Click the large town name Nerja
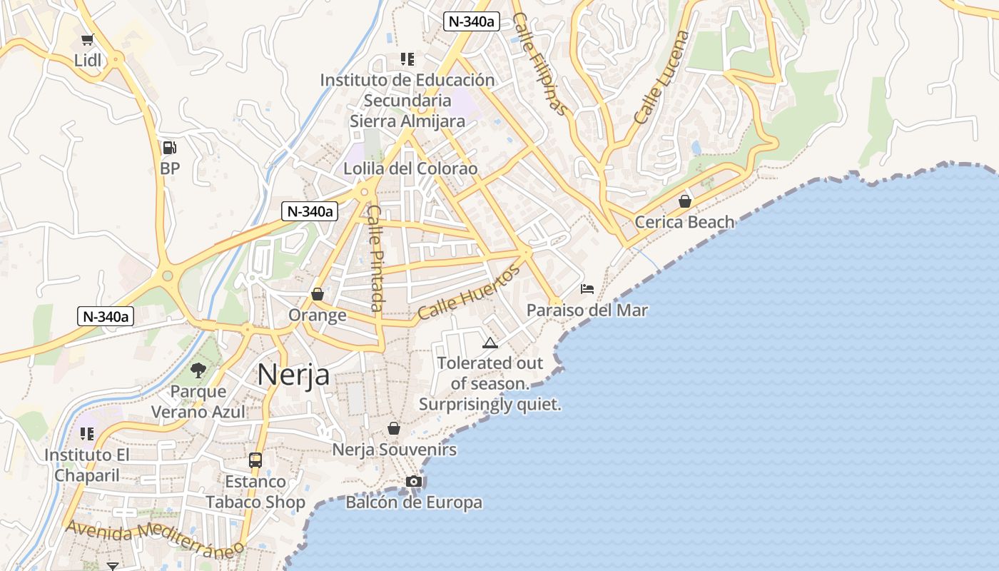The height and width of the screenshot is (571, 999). point(293,375)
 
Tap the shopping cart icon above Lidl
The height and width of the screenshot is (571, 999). point(88,40)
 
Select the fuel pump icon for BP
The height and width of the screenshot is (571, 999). point(169,148)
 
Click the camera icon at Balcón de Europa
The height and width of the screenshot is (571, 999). point(413,482)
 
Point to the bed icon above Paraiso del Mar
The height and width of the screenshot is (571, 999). point(587,289)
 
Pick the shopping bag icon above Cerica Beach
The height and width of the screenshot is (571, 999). point(685,201)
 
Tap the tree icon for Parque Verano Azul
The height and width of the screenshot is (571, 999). point(198,370)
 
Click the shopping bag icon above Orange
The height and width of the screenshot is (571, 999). point(318,294)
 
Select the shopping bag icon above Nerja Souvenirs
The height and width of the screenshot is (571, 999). point(394,428)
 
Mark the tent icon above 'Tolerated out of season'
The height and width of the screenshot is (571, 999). point(490,343)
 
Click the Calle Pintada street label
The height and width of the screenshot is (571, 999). point(376,258)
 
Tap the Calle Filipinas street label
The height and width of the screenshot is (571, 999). point(540,64)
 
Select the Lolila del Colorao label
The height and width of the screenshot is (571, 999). point(410,169)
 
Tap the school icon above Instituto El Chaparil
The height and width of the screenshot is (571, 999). point(87,434)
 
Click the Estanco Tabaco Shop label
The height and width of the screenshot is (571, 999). point(255,492)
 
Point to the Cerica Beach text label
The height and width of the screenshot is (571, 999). point(684,222)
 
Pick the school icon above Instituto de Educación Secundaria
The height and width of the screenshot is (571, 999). point(407,59)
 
